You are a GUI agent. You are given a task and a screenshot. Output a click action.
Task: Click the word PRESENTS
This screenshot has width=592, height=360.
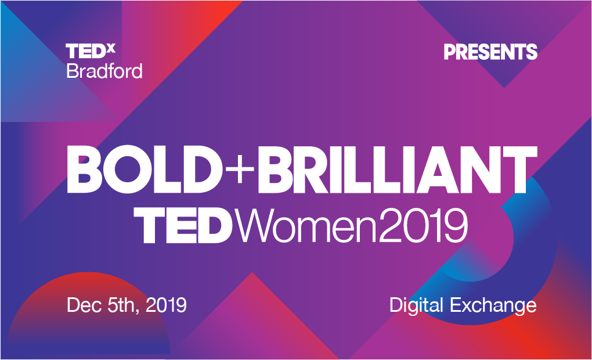[490, 52]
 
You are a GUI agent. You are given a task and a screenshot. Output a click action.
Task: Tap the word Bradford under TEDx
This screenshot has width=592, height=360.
[104, 71]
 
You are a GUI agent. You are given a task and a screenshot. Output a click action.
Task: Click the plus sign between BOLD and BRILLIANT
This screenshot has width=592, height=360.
[240, 169]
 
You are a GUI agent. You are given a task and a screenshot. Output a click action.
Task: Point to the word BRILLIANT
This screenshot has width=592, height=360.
[397, 170]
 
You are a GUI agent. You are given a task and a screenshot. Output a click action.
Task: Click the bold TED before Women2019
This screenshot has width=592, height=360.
[183, 225]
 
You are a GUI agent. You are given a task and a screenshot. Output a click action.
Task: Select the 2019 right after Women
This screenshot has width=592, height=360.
[423, 225]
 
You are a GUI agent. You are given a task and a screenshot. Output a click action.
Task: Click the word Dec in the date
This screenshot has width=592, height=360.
[84, 305]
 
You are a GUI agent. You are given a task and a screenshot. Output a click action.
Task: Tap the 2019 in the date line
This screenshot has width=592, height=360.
[166, 305]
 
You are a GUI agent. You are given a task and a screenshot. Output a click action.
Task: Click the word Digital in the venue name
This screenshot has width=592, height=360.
[416, 305]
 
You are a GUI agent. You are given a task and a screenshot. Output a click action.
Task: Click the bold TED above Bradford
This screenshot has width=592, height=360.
[86, 51]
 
